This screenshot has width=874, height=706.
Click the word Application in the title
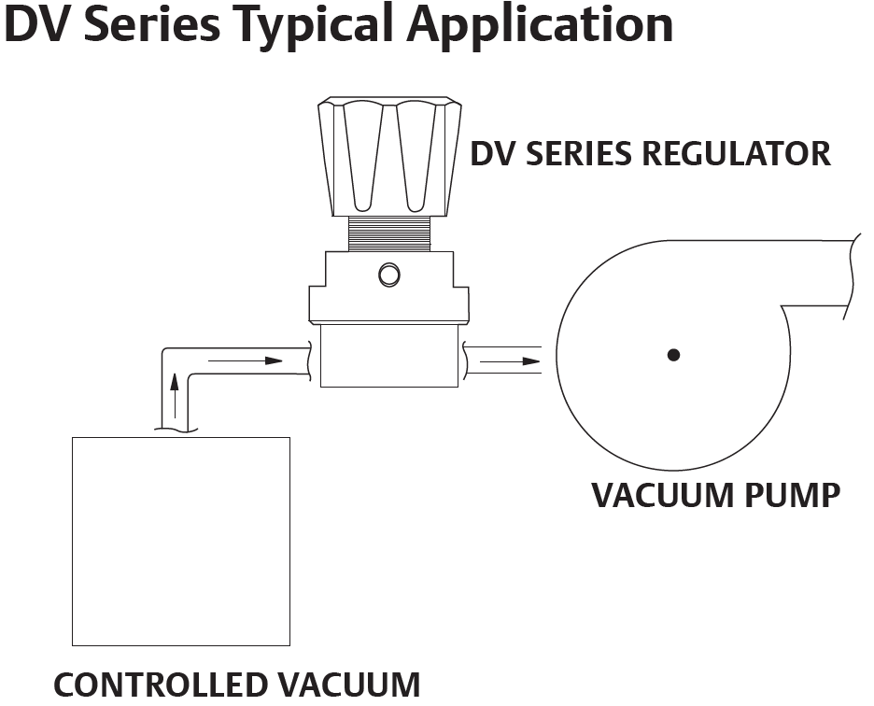coord(540,24)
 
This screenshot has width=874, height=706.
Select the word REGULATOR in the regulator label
coord(737,153)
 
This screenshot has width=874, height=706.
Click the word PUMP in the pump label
coord(793,495)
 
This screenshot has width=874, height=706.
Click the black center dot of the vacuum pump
coord(673,355)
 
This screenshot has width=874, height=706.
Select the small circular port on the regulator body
coord(389,275)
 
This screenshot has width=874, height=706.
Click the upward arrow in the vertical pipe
coord(175,396)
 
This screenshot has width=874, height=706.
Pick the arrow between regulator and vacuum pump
coord(510,361)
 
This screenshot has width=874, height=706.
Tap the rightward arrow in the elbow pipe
coord(246,360)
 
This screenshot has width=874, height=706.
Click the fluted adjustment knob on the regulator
coord(389,157)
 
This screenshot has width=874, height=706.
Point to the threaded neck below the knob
coord(389,233)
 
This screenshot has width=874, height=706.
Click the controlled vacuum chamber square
coord(181,542)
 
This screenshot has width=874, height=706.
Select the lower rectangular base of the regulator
coord(389,356)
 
